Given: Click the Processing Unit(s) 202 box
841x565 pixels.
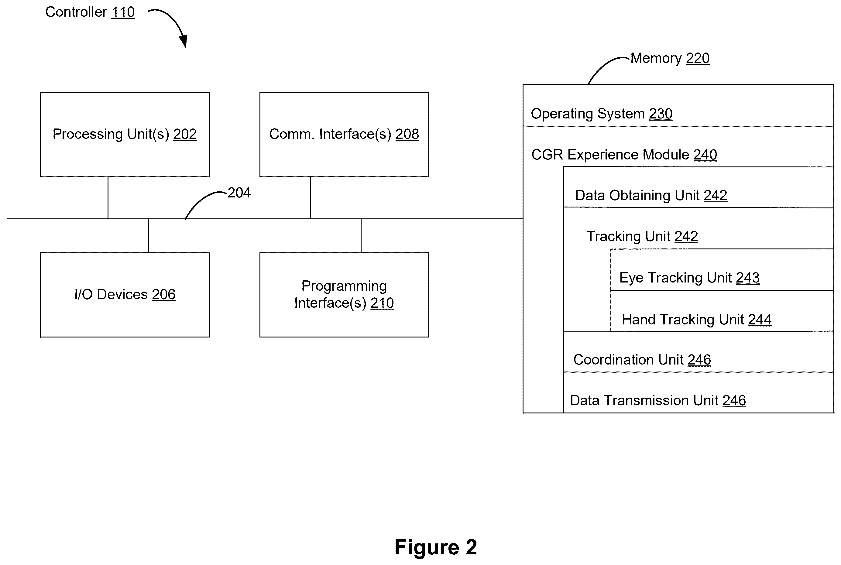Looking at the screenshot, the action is coord(125,134).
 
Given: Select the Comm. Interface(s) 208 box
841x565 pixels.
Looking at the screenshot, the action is coord(344,134).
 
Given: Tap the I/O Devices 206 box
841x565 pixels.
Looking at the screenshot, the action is coord(125,295).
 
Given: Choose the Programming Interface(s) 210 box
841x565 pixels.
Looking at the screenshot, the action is coord(344,295).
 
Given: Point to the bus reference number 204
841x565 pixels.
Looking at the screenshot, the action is coord(239,193).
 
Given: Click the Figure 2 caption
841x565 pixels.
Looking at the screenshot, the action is coord(436,547).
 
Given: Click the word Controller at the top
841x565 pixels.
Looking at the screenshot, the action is coord(76,12).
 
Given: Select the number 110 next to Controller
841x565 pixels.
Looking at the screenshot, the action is coord(123,12).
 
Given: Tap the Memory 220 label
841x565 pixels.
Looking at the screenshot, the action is coord(670,58).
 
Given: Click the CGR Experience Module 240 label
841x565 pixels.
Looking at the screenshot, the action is coord(624,155).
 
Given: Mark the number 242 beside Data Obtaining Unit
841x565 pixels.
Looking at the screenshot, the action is coord(715,196).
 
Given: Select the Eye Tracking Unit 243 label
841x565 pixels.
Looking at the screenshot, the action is coord(689,278).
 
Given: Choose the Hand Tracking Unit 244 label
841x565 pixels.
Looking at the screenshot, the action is coord(696,320).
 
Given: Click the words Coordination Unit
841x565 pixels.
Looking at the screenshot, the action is coord(628,360).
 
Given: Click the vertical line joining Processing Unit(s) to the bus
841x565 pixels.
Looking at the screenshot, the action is coord(108,198).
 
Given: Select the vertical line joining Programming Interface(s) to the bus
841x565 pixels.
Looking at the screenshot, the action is coord(361,236).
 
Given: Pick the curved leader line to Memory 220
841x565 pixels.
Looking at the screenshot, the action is coord(605,65).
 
